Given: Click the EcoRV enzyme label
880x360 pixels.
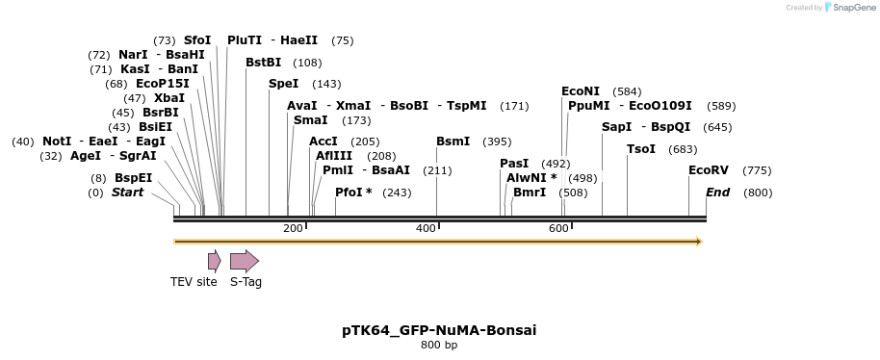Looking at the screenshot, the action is (x=708, y=170).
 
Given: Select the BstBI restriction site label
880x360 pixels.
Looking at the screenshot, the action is (x=263, y=63).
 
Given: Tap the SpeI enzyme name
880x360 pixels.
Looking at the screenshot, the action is (x=283, y=84).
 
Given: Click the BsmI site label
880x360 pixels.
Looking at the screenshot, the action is (x=453, y=141).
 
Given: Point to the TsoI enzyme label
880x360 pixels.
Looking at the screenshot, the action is (x=640, y=149).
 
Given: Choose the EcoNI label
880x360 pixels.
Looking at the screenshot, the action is (x=581, y=91).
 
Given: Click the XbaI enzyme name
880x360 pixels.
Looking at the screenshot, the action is (x=168, y=98).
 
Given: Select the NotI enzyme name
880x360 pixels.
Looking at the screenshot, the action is (x=57, y=141).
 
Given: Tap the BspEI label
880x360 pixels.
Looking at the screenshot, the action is (x=133, y=178).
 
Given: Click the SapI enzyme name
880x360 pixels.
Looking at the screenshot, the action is (x=616, y=127).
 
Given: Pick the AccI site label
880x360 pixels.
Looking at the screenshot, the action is (x=324, y=141).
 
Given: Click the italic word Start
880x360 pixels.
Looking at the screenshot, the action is (x=127, y=193).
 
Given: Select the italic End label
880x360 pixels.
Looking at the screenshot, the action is (x=717, y=193).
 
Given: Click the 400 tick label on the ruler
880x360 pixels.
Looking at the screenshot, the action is (x=426, y=228).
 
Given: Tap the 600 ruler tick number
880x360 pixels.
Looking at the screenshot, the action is (x=558, y=228).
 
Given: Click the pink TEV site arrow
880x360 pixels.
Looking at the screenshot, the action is (x=214, y=260).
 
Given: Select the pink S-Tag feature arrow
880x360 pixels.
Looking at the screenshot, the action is (x=245, y=260).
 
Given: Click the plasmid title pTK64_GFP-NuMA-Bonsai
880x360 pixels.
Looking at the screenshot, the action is (x=439, y=330).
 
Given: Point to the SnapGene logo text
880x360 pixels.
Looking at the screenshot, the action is (x=847, y=8).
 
